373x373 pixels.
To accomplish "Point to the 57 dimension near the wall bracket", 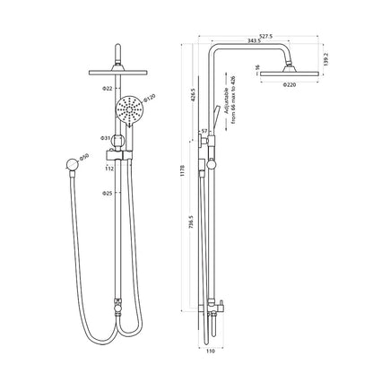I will tap(206, 132).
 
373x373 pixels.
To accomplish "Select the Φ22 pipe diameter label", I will tap(106, 89).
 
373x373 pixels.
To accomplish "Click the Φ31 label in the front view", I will tap(106, 138).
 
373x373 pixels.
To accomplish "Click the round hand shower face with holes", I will tap(130, 113).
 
